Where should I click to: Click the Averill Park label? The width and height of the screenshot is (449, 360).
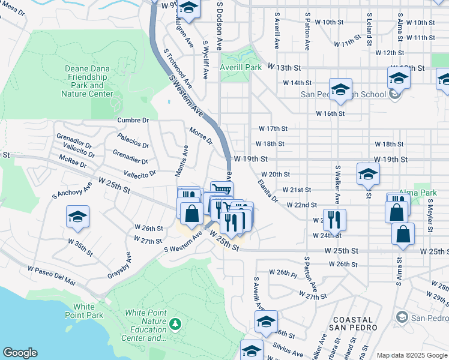pos(241,67)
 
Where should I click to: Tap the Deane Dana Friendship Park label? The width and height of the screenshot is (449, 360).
pos(88,81)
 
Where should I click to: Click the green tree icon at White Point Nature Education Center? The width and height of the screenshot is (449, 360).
pos(175,324)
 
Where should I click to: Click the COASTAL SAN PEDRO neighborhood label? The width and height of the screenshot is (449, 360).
pos(352,324)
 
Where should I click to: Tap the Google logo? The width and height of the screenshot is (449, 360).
pos(20,353)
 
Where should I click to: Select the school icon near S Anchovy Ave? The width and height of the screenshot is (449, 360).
pos(77,217)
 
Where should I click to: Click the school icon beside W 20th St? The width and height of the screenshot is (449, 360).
pos(368,175)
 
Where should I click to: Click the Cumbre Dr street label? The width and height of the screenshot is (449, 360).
pos(133,120)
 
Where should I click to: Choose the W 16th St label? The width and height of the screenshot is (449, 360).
pos(331,113)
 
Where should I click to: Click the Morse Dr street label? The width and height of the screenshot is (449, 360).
pos(201,136)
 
